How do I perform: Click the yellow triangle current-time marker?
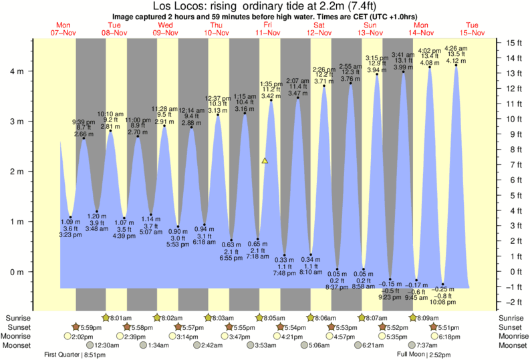265,161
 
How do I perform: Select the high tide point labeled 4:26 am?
456,65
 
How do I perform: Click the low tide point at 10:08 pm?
442,284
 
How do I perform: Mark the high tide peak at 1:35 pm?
271,100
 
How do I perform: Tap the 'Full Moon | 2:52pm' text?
424,354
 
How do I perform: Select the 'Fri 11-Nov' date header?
267,27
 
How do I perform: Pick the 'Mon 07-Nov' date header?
61,27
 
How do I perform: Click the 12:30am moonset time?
107,345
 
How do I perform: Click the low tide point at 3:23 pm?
70,217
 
